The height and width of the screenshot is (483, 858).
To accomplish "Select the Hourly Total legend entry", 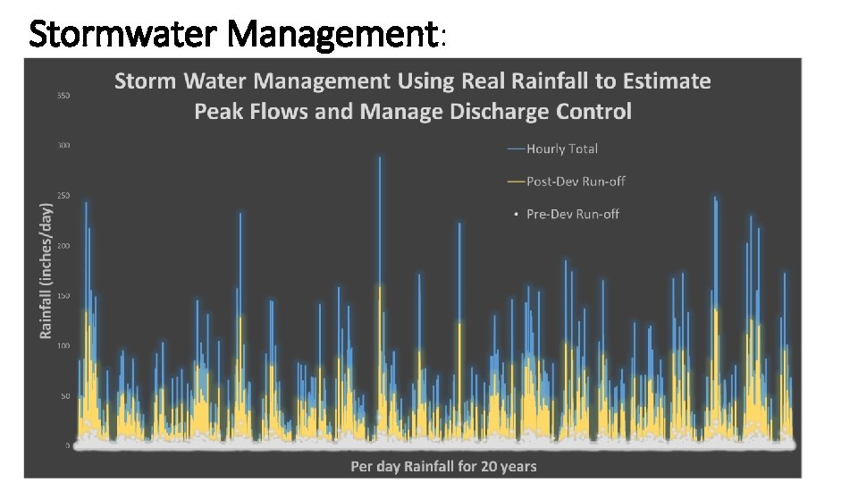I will click(561, 148).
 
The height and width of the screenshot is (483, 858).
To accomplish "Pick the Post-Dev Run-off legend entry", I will click(576, 182).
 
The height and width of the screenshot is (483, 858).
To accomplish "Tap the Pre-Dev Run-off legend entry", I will click(572, 214).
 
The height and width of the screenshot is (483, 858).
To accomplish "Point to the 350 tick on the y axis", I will click(64, 95).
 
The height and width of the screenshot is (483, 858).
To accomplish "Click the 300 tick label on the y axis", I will click(64, 145).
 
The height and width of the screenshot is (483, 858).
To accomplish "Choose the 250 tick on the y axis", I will click(64, 195).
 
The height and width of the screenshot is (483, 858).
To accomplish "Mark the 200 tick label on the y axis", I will click(64, 245).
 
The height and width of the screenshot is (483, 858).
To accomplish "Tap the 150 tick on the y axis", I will click(64, 295).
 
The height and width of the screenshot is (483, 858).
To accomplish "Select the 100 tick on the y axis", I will click(64, 345).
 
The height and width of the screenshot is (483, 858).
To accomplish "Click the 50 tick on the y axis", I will click(65, 395).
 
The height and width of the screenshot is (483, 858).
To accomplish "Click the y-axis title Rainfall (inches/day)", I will click(46, 269).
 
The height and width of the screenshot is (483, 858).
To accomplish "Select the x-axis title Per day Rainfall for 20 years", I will click(444, 466).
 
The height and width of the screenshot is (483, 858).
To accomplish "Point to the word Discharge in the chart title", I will click(505, 112).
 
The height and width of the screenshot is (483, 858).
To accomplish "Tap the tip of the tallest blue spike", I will click(380, 158).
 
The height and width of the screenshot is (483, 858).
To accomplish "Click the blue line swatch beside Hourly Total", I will click(516, 148).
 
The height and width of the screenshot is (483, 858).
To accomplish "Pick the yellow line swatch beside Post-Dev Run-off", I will click(516, 182).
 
